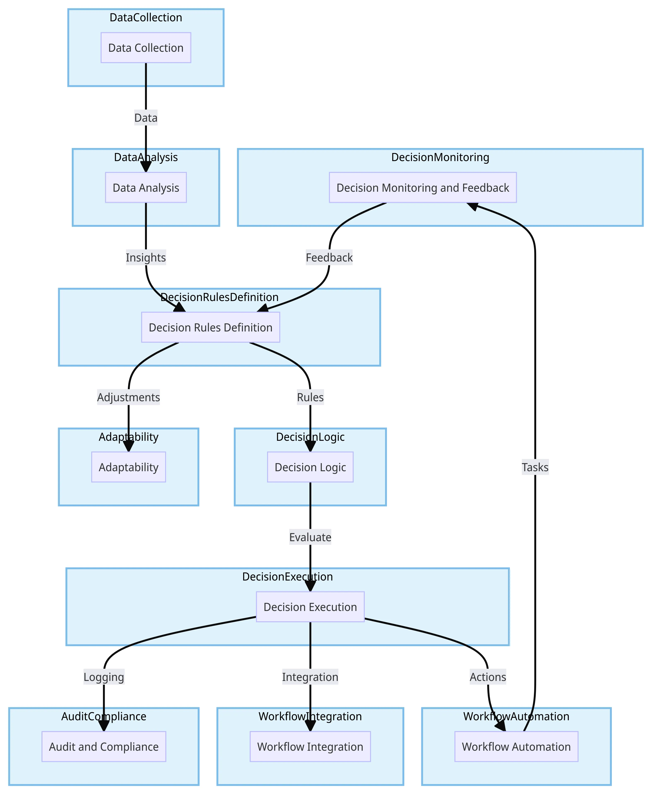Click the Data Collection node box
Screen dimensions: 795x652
point(146,48)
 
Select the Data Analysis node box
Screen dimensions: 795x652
point(146,188)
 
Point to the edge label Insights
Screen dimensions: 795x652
point(146,258)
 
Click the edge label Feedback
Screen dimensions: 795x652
point(329,258)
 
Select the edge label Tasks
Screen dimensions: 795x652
point(535,467)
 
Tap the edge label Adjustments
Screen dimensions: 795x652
point(128,397)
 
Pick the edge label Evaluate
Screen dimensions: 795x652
point(310,537)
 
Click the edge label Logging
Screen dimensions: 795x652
point(104,677)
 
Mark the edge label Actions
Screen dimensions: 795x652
point(488,677)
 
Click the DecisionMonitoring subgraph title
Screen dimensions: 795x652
point(440,157)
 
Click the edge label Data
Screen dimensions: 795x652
point(146,118)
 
